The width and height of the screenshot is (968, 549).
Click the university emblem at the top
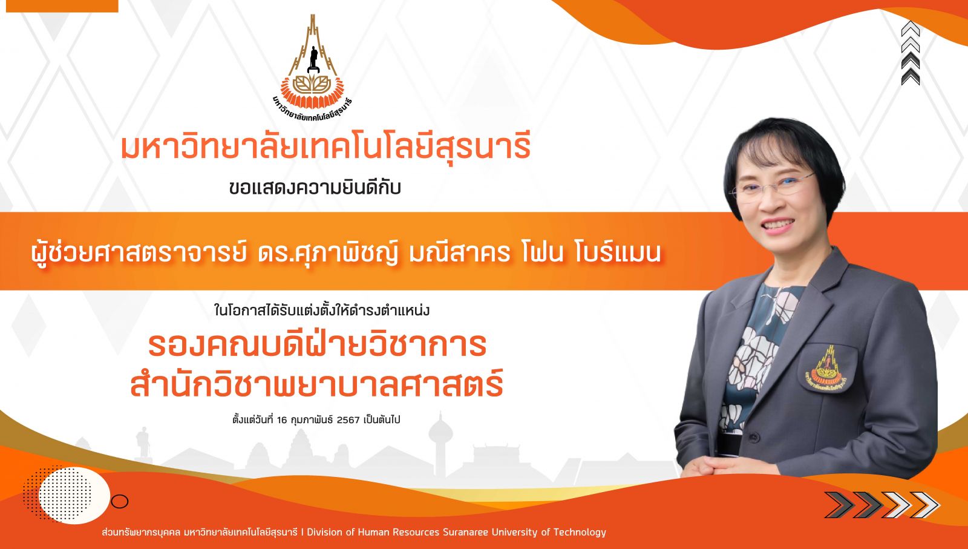312,67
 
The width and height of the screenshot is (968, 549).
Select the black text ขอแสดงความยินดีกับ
315,188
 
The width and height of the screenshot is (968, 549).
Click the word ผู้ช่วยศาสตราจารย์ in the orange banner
139,252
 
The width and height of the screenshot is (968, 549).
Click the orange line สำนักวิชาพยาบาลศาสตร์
317,383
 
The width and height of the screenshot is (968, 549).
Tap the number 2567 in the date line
348,419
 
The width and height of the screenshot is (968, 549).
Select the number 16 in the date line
282,419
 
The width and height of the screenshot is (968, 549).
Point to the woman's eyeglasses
771,187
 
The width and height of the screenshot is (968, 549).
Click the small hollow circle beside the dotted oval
119,501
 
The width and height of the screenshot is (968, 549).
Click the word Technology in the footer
580,532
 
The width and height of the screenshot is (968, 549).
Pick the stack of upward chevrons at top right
910,53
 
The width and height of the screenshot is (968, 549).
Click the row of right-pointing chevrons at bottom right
881,504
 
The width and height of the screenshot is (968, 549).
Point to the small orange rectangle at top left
62,6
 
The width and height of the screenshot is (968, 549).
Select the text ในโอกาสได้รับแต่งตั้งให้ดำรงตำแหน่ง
321,311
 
